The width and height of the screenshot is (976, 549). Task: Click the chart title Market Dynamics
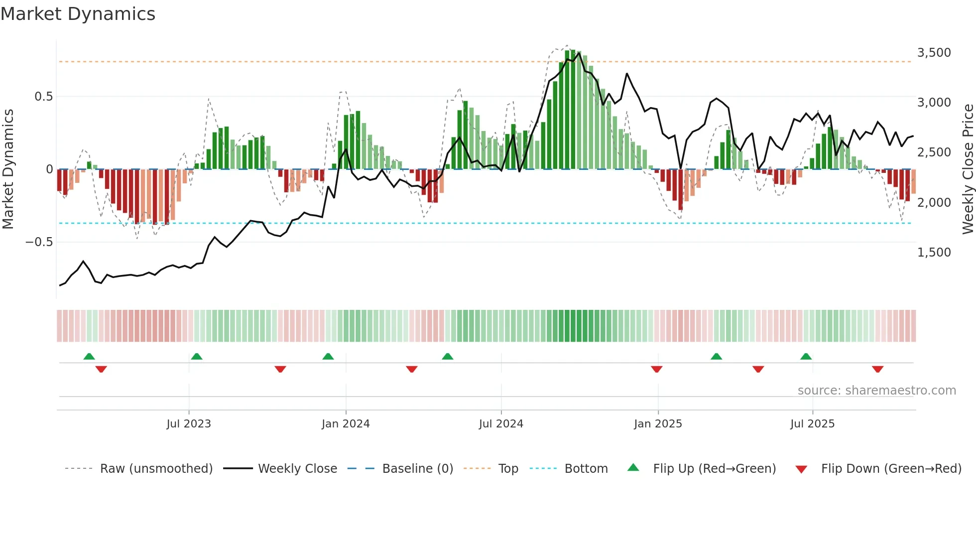click(x=78, y=14)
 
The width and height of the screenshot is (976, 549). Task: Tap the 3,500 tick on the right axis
click(x=934, y=53)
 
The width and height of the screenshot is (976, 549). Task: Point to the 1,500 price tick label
click(x=934, y=253)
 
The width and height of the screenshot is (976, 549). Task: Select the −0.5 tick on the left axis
click(x=39, y=242)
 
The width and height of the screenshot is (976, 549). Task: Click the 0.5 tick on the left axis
click(x=43, y=97)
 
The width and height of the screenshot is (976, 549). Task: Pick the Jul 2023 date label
click(x=189, y=424)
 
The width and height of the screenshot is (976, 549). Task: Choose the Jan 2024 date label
click(x=346, y=424)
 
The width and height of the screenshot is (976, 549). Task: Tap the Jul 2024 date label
click(x=501, y=424)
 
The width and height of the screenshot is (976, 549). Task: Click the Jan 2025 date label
click(x=658, y=424)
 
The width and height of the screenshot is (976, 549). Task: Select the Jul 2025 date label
click(x=812, y=424)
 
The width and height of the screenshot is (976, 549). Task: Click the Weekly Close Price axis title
click(x=968, y=169)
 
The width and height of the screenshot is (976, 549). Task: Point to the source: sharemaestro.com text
click(x=876, y=391)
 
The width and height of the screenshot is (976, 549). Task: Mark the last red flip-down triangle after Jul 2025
click(x=877, y=369)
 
